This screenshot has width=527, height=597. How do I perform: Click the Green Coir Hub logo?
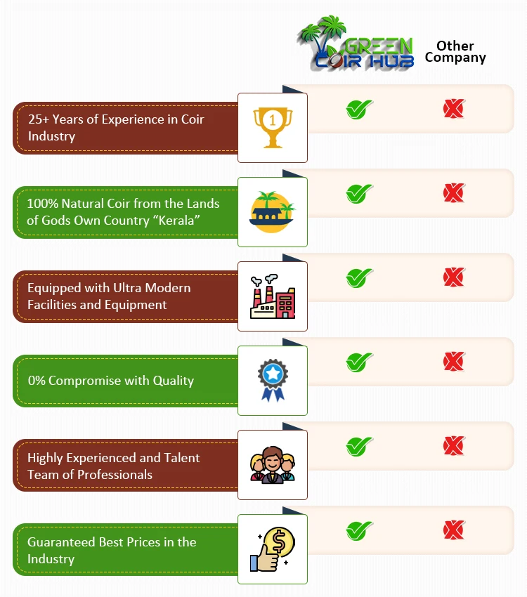[356, 44]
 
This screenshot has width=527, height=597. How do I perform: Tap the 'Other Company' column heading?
[455, 51]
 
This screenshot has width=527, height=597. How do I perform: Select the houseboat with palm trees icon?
[272, 211]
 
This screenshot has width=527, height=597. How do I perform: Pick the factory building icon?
[273, 296]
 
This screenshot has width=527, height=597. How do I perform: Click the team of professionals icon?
[273, 465]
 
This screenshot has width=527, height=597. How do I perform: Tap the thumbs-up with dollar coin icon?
[273, 549]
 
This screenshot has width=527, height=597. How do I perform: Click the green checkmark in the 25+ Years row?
[359, 110]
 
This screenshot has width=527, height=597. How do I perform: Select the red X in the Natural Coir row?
[453, 193]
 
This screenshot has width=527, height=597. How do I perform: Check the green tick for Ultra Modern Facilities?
[359, 278]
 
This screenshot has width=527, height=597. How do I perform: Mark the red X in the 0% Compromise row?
[453, 362]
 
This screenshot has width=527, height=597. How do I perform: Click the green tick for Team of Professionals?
[359, 446]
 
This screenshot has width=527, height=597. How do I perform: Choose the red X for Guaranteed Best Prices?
[453, 530]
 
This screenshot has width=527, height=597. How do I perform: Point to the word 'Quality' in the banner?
[174, 381]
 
